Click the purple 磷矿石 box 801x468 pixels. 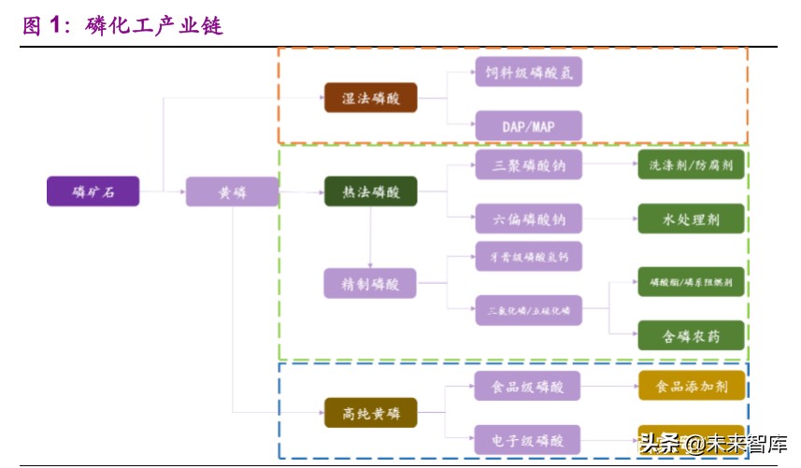pyautogui.click(x=93, y=191)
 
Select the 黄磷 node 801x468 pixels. pyautogui.click(x=232, y=191)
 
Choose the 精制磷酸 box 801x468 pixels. pyautogui.click(x=370, y=283)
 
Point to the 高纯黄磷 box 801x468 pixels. pyautogui.click(x=370, y=412)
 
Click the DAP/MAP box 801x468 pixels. pyautogui.click(x=528, y=125)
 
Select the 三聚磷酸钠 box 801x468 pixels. pyautogui.click(x=528, y=165)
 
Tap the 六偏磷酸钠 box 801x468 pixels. pyautogui.click(x=528, y=219)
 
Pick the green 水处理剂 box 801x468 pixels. pyautogui.click(x=691, y=219)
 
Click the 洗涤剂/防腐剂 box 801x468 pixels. pyautogui.click(x=691, y=165)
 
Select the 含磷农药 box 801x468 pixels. pyautogui.click(x=691, y=334)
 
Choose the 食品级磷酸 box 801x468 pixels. pyautogui.click(x=528, y=385)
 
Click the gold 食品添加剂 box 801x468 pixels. pyautogui.click(x=691, y=385)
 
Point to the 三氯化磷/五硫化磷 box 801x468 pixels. pyautogui.click(x=528, y=309)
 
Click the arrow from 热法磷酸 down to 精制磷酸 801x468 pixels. pyautogui.click(x=370, y=238)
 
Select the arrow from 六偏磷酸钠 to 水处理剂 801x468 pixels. pyautogui.click(x=609, y=219)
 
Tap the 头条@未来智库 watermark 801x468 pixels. pyautogui.click(x=712, y=443)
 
